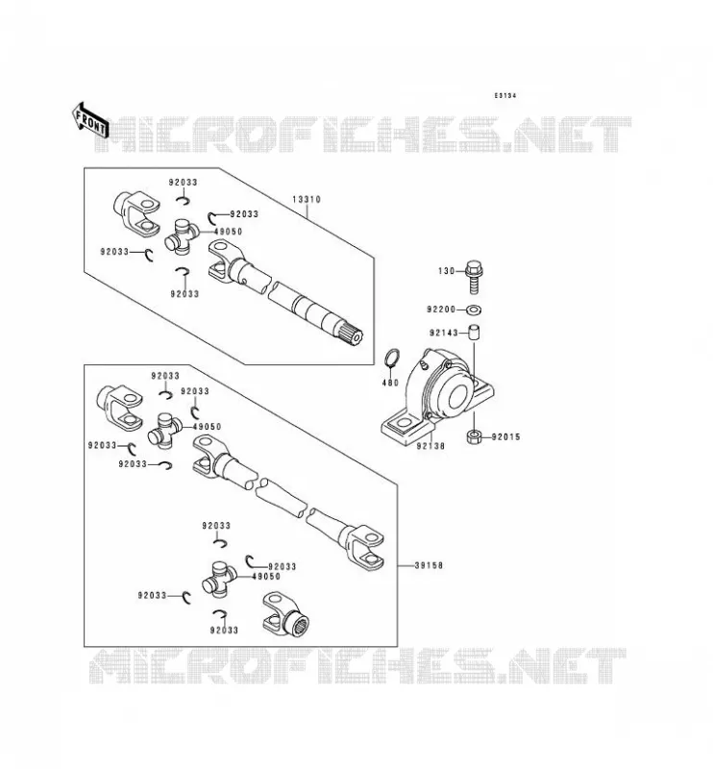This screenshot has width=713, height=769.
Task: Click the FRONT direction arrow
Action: [x=89, y=119]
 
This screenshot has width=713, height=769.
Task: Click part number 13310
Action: [x=307, y=200]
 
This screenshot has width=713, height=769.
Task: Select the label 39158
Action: [x=429, y=565]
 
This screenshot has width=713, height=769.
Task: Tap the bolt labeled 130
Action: [x=474, y=277]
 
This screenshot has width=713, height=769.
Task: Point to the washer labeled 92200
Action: [x=474, y=310]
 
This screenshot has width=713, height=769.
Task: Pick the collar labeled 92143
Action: [x=473, y=333]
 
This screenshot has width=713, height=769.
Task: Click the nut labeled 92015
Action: [x=473, y=437]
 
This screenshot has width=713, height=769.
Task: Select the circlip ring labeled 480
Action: [x=391, y=360]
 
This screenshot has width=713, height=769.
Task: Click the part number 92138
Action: [x=431, y=447]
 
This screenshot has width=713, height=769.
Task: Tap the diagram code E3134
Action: [x=505, y=95]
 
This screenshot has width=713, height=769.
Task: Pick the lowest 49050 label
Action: [x=266, y=577]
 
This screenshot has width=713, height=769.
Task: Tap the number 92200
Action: [x=441, y=310]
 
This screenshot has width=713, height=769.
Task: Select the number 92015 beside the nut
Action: [x=506, y=437]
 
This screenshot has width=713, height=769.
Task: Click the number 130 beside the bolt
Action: [x=447, y=271]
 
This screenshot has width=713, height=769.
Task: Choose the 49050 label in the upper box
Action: [x=228, y=232]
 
